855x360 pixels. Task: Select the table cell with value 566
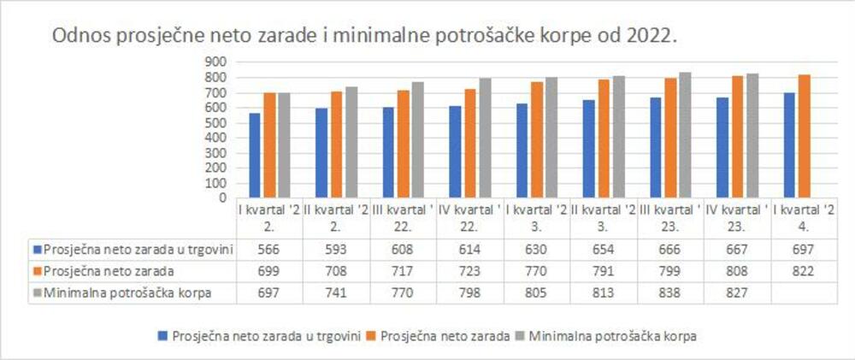pyautogui.click(x=268, y=250)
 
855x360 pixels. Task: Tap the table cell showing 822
pyautogui.click(x=802, y=271)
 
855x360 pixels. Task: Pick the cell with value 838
pyautogui.click(x=669, y=292)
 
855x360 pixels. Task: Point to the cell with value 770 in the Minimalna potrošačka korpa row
pyautogui.click(x=401, y=292)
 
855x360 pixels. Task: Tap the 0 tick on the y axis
pyautogui.click(x=221, y=198)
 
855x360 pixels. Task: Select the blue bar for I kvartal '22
pyautogui.click(x=254, y=155)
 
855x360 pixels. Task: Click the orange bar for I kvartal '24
pyautogui.click(x=804, y=135)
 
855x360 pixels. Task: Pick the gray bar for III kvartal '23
pyautogui.click(x=685, y=134)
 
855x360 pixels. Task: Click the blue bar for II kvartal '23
pyautogui.click(x=588, y=148)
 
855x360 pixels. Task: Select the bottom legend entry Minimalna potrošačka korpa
pyautogui.click(x=611, y=336)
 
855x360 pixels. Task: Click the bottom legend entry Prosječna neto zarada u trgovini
pyautogui.click(x=264, y=336)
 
